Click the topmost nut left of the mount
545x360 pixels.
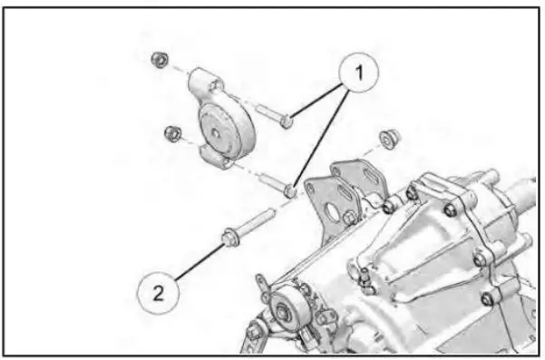pos(158,60)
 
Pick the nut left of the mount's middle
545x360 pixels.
pos(169,134)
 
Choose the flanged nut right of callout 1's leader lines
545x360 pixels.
pos(390,139)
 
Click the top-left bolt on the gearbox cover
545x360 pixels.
pos(412,191)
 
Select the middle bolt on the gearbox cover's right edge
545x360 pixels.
pos(480,259)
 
